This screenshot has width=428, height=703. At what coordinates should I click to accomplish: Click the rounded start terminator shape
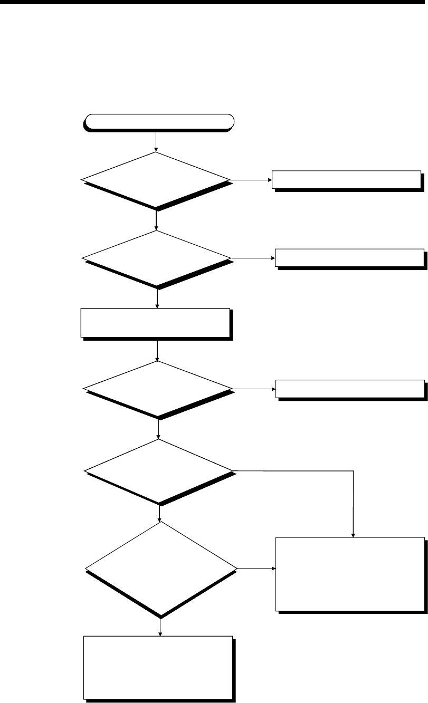click(157, 122)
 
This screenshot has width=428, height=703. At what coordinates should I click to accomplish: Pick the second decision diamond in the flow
click(157, 258)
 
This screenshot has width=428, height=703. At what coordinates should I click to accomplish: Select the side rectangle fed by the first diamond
click(347, 180)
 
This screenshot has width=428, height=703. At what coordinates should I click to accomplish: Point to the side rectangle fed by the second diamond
click(349, 258)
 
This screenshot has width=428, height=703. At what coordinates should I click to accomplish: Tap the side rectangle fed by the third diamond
click(350, 389)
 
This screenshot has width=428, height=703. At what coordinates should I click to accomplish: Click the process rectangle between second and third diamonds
click(156, 322)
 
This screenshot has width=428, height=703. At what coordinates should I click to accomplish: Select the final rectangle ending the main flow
click(158, 667)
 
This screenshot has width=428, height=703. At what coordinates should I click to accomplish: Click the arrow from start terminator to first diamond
click(156, 141)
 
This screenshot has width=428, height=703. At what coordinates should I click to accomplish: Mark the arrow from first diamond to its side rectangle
click(251, 180)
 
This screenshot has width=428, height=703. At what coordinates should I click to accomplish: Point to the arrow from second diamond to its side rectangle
click(253, 258)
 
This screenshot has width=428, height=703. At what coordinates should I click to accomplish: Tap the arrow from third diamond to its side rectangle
click(254, 389)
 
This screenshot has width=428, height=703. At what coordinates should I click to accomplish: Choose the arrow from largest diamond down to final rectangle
click(160, 627)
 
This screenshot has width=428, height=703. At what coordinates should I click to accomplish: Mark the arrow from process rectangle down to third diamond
click(158, 350)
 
